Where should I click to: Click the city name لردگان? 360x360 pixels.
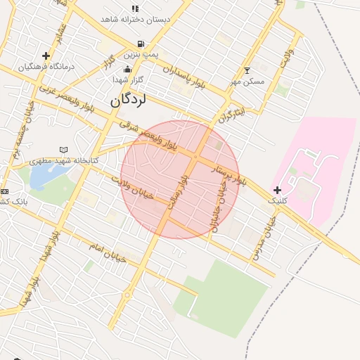(128, 100)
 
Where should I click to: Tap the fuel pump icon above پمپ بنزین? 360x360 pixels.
(141, 44)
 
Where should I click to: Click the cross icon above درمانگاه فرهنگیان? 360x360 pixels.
(46, 56)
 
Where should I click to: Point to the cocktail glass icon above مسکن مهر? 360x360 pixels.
(246, 70)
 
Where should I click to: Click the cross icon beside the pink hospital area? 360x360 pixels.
(278, 190)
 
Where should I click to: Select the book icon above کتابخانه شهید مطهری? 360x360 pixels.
(64, 150)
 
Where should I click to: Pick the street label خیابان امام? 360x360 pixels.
(107, 252)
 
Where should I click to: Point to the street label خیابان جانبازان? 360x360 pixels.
(219, 205)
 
